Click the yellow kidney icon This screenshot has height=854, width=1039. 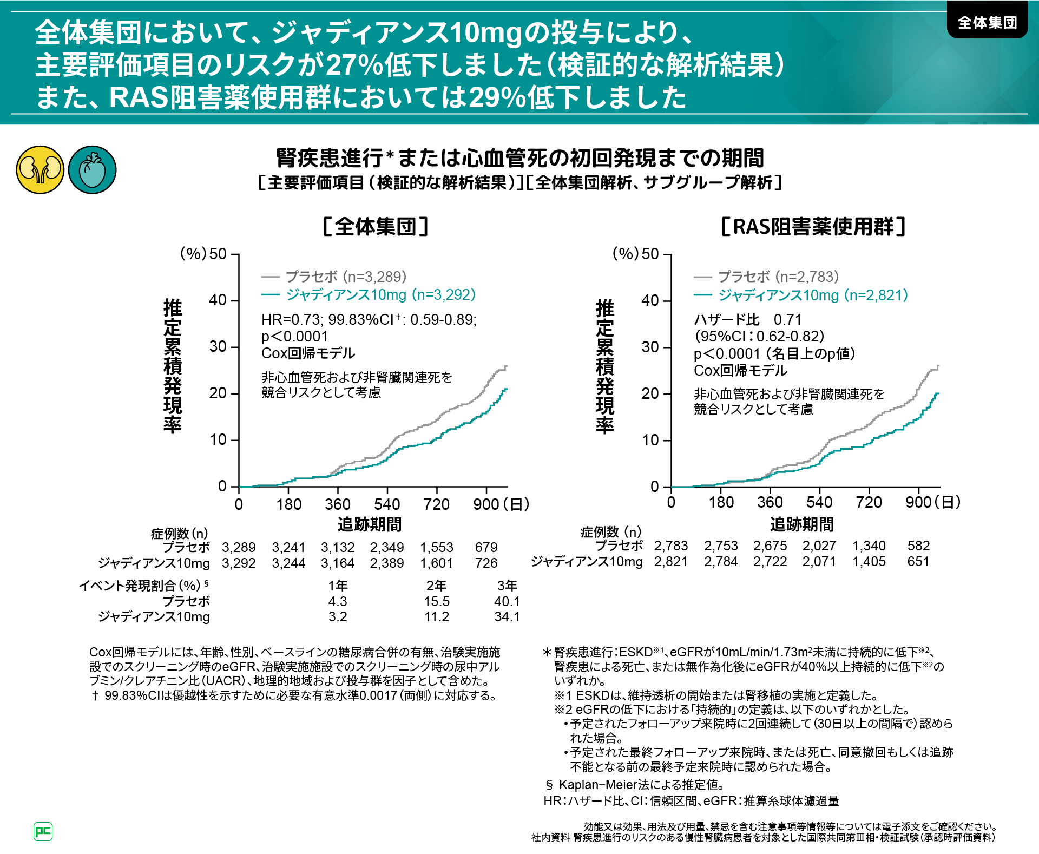coord(40,170)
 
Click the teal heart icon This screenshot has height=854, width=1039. coord(93,170)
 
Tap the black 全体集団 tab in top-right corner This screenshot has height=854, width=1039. coord(987,23)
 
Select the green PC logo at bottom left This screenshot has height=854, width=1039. coord(43,831)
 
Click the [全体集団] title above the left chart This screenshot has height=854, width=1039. coord(376,226)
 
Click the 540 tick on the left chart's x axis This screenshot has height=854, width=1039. coord(387,504)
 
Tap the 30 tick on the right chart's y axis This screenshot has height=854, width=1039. coord(650,347)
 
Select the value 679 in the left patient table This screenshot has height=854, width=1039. coord(486,547)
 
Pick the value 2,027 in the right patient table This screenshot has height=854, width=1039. coord(819,546)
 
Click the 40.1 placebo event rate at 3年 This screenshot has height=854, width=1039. coord(507,601)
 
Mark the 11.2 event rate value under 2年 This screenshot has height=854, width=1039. coord(437,616)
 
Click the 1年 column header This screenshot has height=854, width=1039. coord(338,586)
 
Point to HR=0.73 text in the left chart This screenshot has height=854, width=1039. coord(292,319)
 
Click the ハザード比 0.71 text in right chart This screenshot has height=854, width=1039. coord(747,319)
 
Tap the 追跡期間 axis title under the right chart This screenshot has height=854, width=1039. coord(801,524)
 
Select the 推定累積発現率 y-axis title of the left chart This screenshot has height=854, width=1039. coord(173,366)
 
